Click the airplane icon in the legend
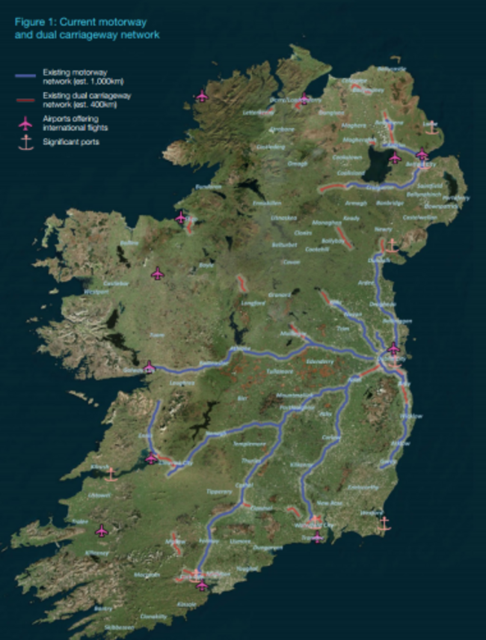pyautogui.click(x=26, y=122)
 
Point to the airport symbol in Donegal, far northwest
pyautogui.click(x=201, y=96)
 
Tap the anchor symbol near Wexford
pyautogui.click(x=384, y=523)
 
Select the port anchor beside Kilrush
pyautogui.click(x=111, y=474)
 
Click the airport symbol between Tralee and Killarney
pyautogui.click(x=102, y=531)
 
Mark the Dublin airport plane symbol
pyautogui.click(x=393, y=348)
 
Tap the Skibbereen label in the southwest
pyautogui.click(x=114, y=627)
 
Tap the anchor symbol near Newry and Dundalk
pyautogui.click(x=390, y=245)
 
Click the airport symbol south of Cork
pyautogui.click(x=201, y=585)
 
